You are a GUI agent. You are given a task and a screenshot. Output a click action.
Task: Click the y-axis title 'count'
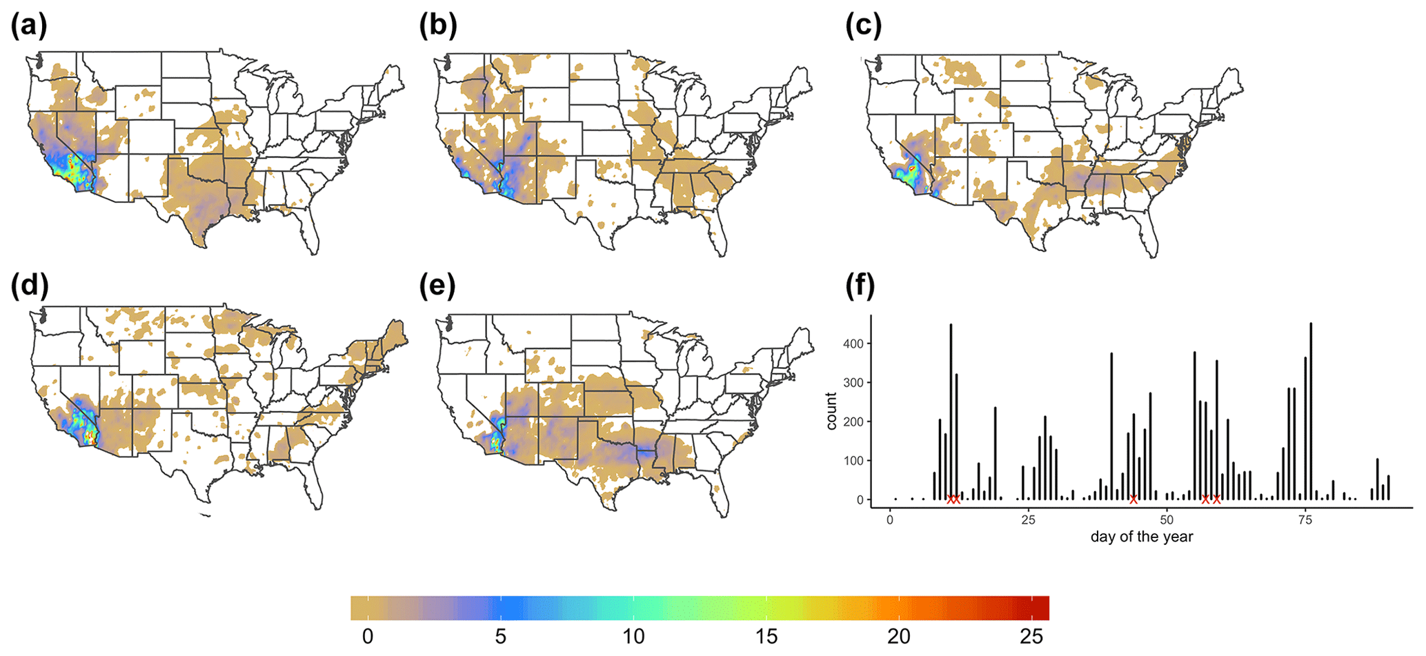[x=831, y=411]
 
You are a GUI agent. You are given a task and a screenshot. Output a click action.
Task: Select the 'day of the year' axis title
[x=1142, y=537]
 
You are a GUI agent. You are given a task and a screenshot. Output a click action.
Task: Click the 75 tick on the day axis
[x=1305, y=519]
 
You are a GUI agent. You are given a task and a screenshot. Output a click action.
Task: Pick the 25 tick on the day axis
[x=1028, y=519]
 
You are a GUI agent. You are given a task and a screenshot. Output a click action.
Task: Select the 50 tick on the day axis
[x=1167, y=519]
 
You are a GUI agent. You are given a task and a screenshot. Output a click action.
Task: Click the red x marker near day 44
[x=1133, y=499]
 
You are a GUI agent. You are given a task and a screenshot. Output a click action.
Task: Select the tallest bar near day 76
[x=1311, y=411]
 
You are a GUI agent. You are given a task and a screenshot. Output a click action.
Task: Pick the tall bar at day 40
[x=1111, y=426]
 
